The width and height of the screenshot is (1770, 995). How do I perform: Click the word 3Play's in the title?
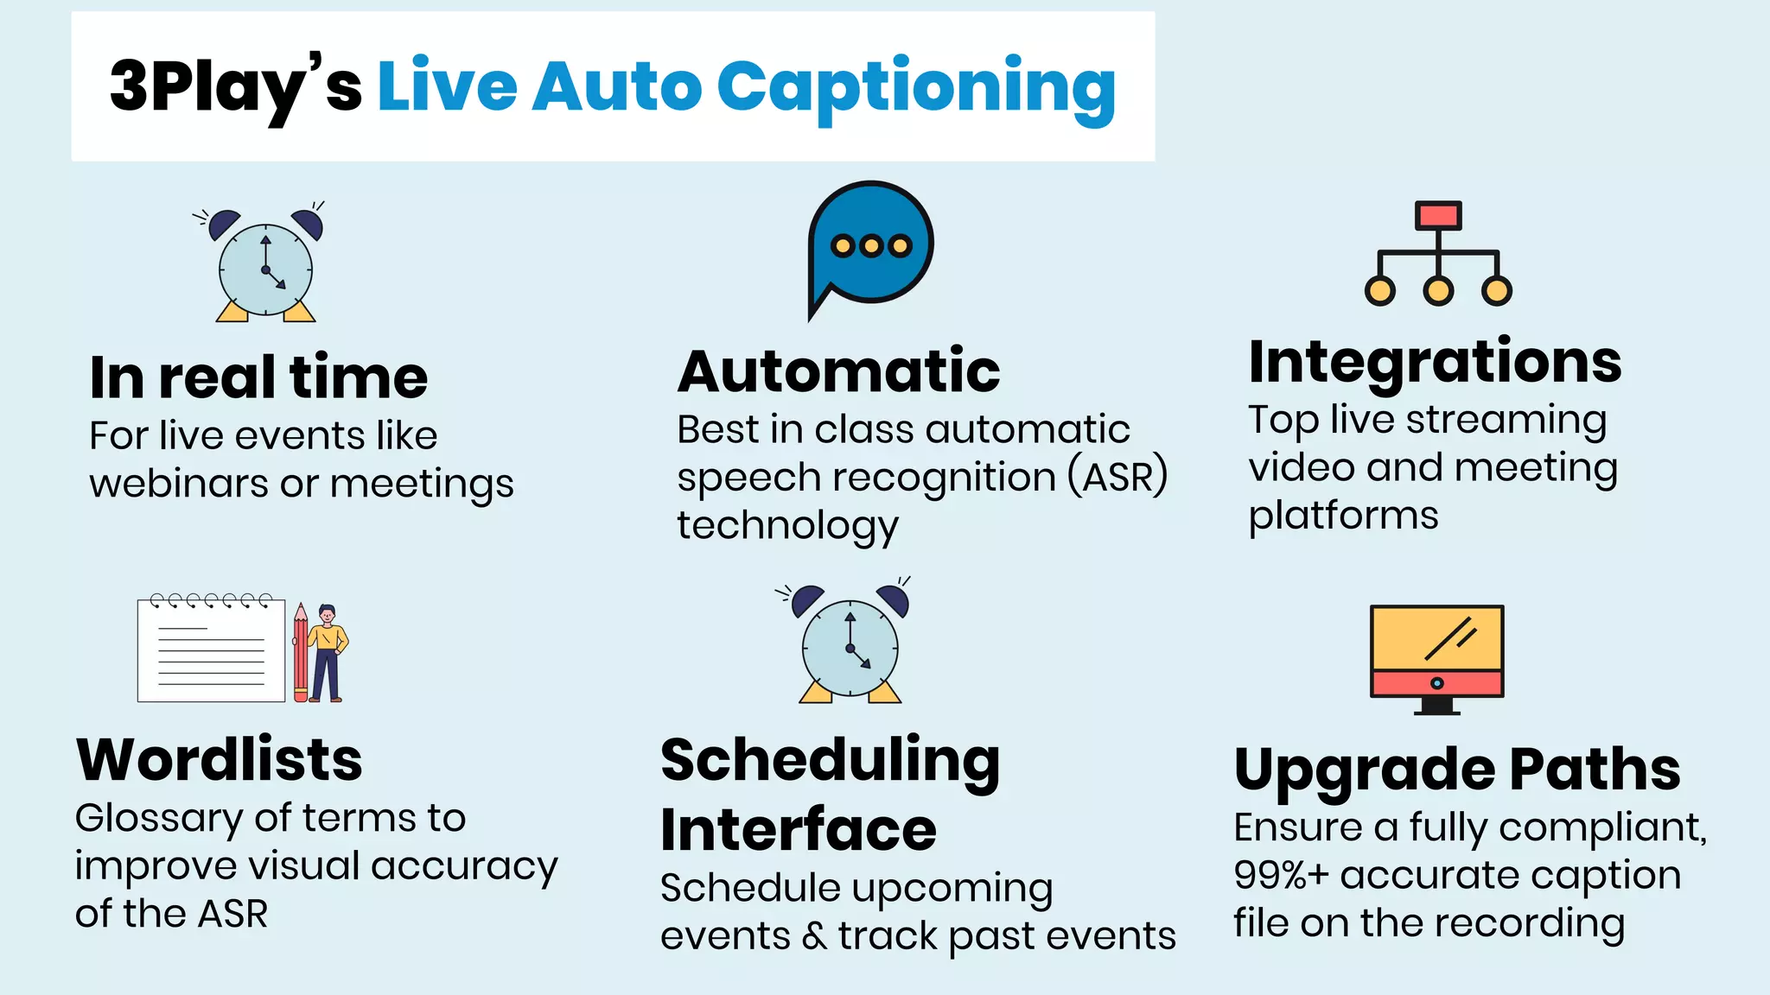[x=235, y=86]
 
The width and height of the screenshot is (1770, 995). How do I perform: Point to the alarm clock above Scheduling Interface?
[x=850, y=643]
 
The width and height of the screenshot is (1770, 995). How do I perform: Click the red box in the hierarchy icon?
[x=1438, y=215]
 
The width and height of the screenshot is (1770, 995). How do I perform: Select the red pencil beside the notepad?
[x=300, y=652]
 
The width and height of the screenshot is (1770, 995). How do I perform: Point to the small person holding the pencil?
[x=328, y=652]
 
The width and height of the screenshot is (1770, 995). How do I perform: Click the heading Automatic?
[x=838, y=371]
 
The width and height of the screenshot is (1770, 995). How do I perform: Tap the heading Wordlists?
[x=220, y=760]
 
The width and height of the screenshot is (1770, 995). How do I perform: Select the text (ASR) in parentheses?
[x=1117, y=477]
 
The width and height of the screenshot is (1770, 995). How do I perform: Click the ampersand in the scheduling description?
[x=813, y=936]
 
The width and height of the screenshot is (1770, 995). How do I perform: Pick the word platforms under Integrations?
[x=1343, y=516]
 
